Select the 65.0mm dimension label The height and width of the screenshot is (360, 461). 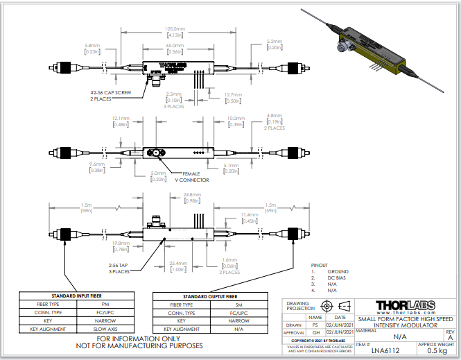tap(175, 44)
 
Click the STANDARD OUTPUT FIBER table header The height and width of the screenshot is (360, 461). tap(209, 295)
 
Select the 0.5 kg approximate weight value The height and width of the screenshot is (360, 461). tap(436, 351)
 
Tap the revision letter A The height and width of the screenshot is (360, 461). tap(451, 336)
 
